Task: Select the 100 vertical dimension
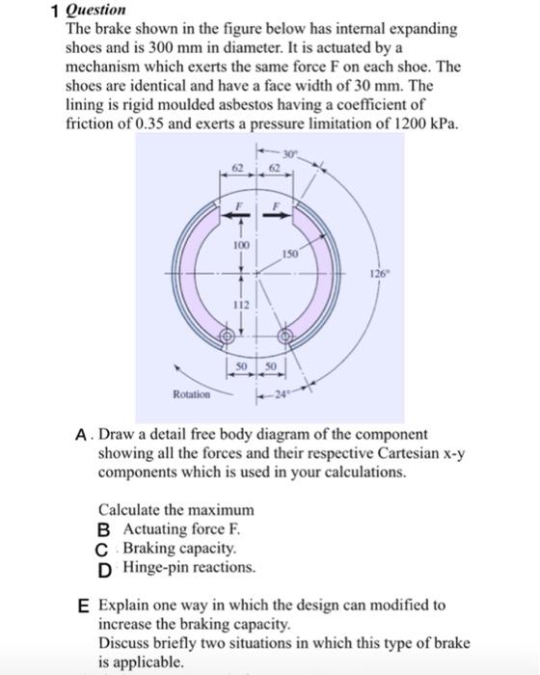click(x=241, y=246)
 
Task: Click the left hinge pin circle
click(x=229, y=337)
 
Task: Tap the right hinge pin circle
click(x=284, y=337)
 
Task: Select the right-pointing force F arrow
click(x=275, y=217)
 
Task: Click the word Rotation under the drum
click(x=190, y=393)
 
